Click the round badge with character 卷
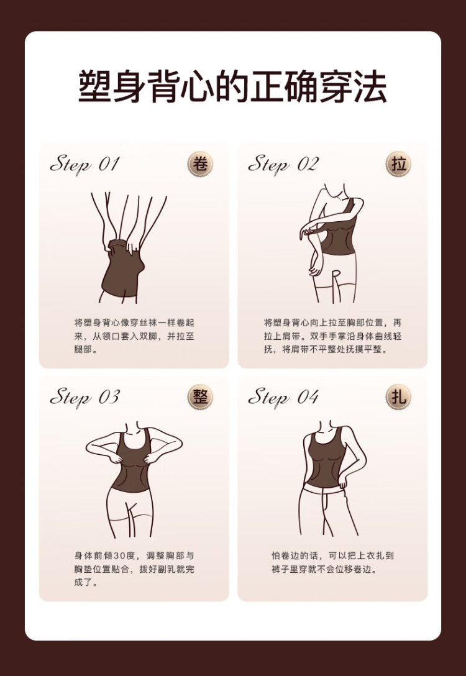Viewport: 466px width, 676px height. (200, 164)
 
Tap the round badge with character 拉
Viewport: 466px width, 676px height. (398, 164)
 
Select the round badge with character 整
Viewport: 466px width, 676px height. (200, 397)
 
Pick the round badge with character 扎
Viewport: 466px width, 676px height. (398, 397)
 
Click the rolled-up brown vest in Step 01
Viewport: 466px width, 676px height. (123, 269)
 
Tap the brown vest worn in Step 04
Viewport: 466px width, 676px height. (326, 459)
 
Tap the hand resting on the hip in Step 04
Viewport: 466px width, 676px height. (343, 480)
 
